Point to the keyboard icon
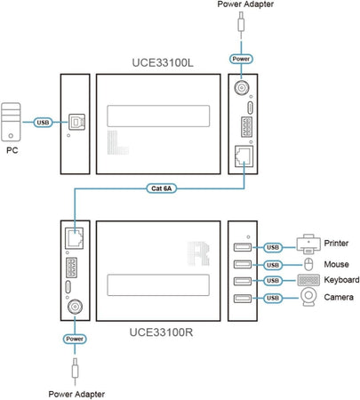point(307,281)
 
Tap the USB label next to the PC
point(44,124)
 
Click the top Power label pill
point(242,60)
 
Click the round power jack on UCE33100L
point(242,89)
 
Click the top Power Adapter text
point(242,7)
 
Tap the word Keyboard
point(342,281)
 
